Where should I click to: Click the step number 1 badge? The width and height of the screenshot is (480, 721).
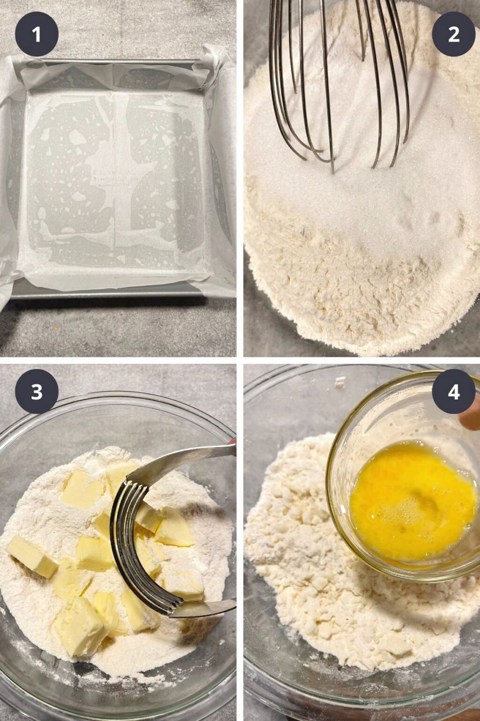pos(37,34)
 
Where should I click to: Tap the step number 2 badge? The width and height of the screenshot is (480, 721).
pos(453,34)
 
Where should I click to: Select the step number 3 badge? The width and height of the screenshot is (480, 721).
pos(37,391)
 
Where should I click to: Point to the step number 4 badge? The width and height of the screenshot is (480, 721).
pos(453,391)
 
